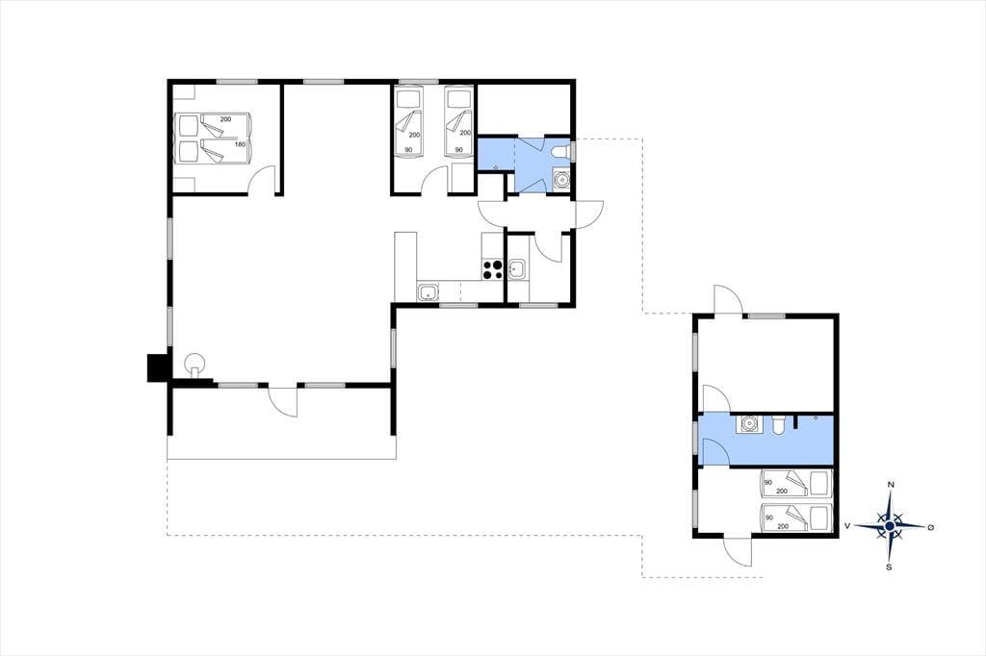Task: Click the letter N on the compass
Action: point(891,485)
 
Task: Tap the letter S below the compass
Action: point(889,567)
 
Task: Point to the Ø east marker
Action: point(931,527)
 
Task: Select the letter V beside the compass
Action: point(847,526)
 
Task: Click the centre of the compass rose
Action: point(890,526)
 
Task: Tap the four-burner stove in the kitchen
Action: point(492,269)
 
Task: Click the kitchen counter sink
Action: point(428,292)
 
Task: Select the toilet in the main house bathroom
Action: point(561,151)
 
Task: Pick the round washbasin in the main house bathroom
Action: point(560,179)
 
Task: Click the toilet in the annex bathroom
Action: point(778,425)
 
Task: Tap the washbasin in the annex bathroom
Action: point(748,424)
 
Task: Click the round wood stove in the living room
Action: point(195,365)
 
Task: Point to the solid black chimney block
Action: point(157,367)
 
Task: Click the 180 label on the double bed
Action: point(240,144)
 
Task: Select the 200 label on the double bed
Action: point(225,119)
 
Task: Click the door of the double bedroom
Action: point(261,179)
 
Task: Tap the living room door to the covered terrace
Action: point(282,401)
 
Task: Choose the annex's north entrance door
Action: point(728,299)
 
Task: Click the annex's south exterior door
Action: point(738,552)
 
